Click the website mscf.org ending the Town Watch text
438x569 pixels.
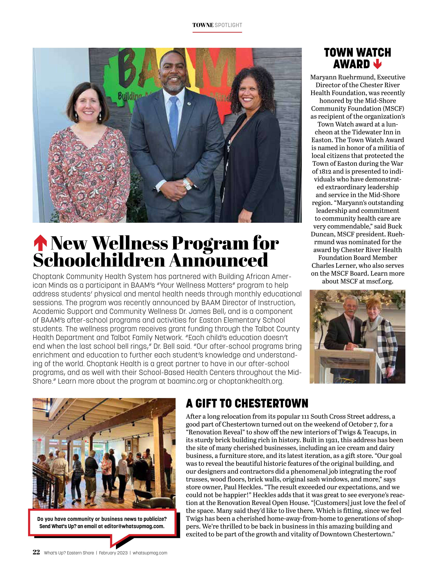(x=379, y=281)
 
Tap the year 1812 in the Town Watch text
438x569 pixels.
(x=325, y=171)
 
